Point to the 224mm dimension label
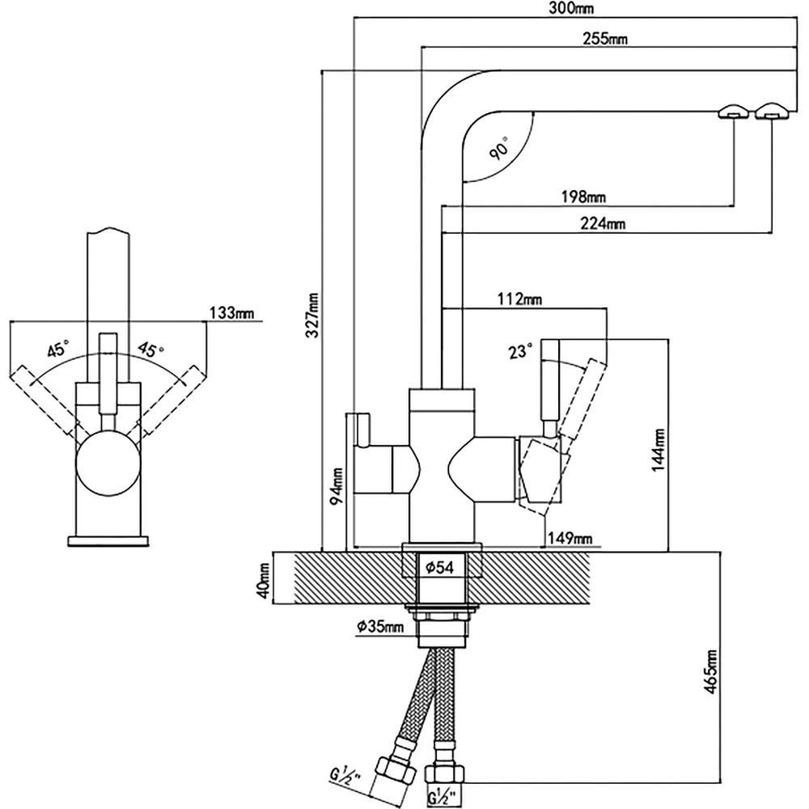coord(603,224)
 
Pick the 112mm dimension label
coord(519,299)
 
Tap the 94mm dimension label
coord(338,485)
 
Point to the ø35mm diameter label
coord(379,627)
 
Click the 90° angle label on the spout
coord(499,149)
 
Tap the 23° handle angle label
coord(520,351)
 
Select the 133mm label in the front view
coord(232,312)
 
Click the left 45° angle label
coord(57,350)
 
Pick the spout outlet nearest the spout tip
coord(769,112)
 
